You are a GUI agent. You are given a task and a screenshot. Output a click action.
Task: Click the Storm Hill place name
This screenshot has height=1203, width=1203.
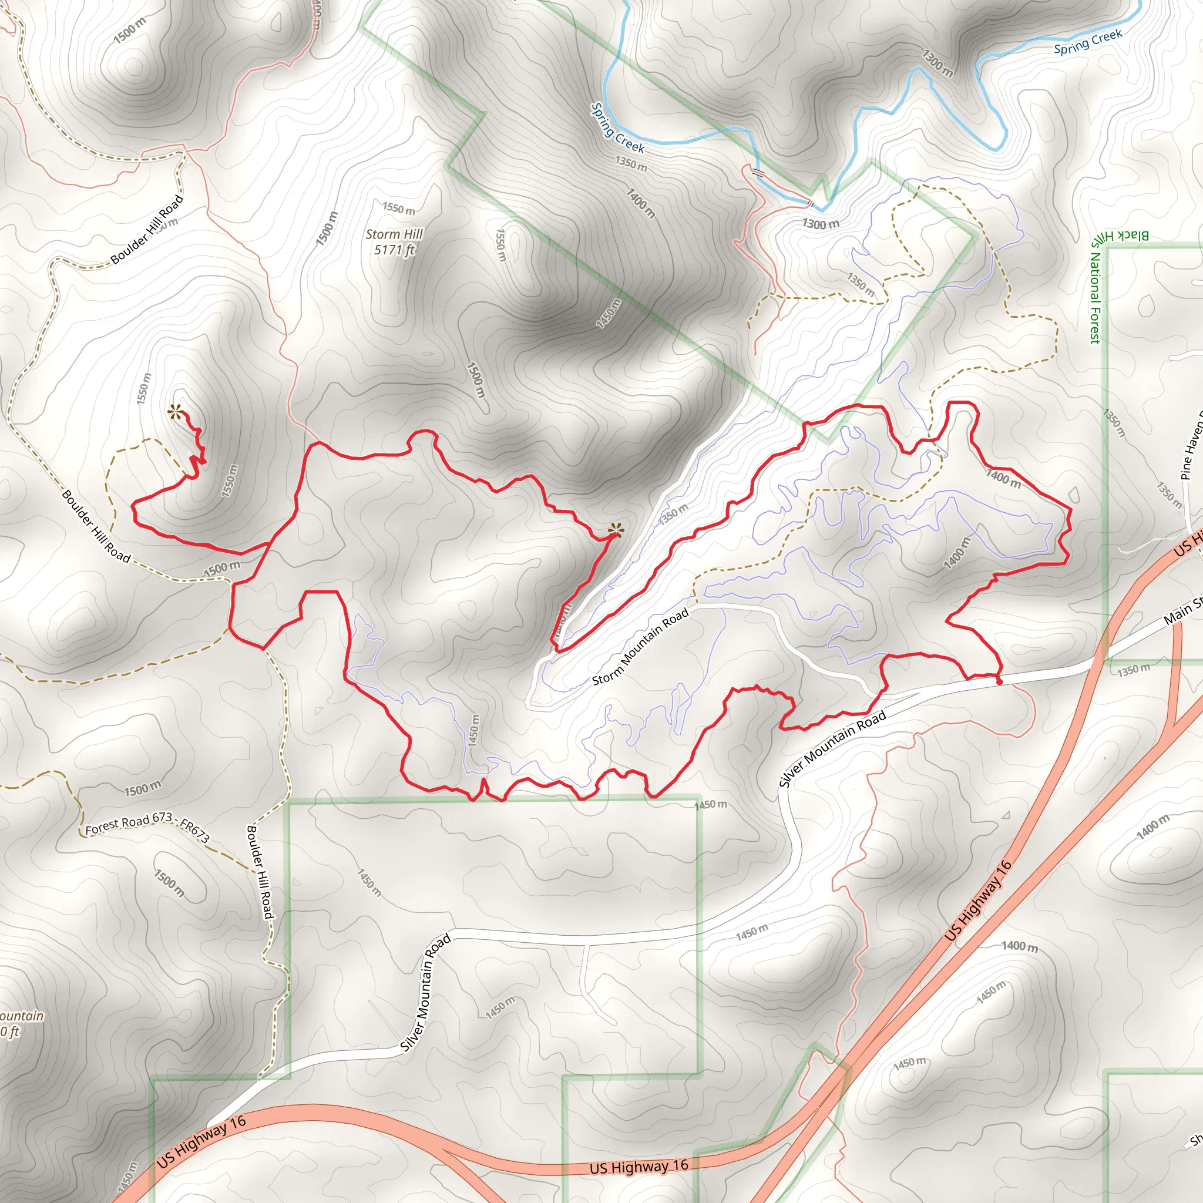tap(394, 234)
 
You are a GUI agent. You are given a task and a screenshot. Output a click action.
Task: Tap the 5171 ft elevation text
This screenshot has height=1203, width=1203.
tap(394, 250)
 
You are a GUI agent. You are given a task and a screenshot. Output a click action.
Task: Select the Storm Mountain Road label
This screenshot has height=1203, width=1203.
tap(640, 646)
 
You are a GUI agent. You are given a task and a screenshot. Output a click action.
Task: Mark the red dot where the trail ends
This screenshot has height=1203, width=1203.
tap(999, 683)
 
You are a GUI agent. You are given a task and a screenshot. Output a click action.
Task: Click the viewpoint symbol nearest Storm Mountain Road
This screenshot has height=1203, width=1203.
tap(615, 530)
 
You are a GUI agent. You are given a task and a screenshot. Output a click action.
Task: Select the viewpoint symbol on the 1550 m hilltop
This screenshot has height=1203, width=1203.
tap(175, 411)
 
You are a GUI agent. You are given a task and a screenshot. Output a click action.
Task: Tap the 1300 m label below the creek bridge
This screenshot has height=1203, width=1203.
tap(820, 224)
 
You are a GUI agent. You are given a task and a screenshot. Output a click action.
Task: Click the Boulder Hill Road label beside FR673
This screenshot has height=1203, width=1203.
tap(260, 872)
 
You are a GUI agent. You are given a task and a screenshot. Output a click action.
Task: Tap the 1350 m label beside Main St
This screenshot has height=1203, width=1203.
tap(1133, 671)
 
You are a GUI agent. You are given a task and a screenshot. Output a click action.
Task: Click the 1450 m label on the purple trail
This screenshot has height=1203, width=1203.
tap(474, 730)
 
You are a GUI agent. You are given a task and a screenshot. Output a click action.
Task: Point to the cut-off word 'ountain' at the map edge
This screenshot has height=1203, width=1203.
tap(22, 1016)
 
